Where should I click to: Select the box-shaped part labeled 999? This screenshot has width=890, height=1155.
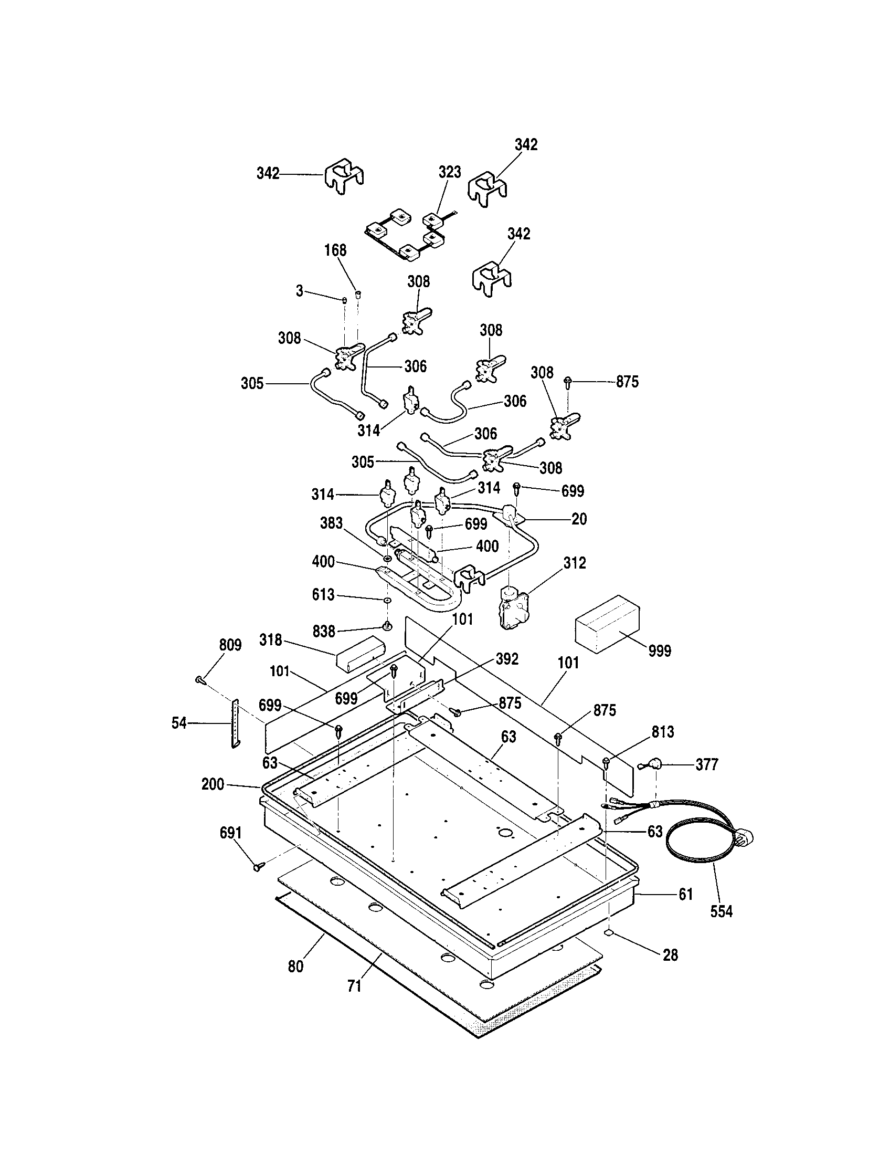607,624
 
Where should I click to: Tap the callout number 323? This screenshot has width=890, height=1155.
449,172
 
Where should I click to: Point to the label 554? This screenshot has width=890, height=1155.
721,911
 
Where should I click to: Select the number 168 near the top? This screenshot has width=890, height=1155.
335,250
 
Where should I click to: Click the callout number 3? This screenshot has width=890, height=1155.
299,291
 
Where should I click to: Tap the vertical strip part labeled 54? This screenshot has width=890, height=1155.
235,723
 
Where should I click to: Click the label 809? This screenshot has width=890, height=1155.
230,645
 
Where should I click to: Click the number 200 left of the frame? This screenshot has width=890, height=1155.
213,784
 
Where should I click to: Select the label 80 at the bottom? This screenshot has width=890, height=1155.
295,966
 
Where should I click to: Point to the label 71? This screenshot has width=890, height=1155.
354,986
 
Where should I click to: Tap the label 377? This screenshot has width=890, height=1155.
707,764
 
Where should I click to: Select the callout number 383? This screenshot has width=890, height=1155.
331,523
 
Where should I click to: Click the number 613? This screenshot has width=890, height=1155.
323,594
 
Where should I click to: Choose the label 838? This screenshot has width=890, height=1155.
323,631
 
